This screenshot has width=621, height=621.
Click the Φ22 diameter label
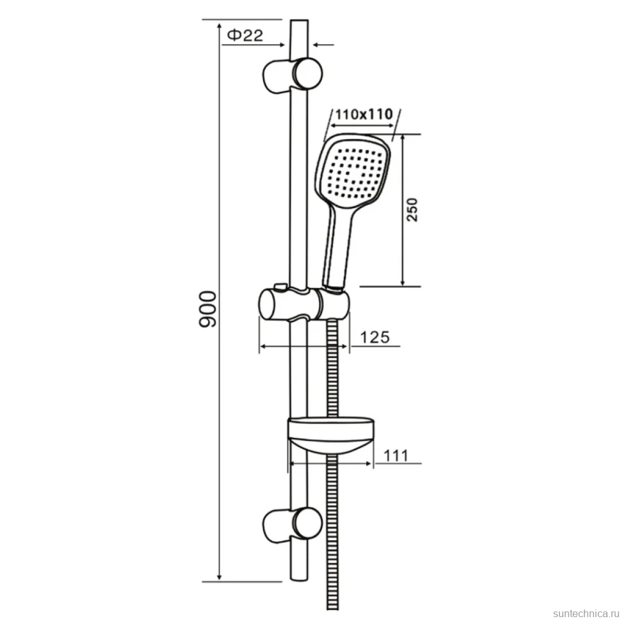[x=245, y=35]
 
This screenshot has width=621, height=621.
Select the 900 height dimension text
[x=207, y=309]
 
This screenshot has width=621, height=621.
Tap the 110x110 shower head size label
[x=364, y=115]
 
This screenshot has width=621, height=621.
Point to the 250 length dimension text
[x=412, y=209]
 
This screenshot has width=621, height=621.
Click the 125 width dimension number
[x=375, y=337]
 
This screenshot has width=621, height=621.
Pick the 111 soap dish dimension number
[x=396, y=455]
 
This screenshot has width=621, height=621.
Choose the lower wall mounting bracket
[x=293, y=525]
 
